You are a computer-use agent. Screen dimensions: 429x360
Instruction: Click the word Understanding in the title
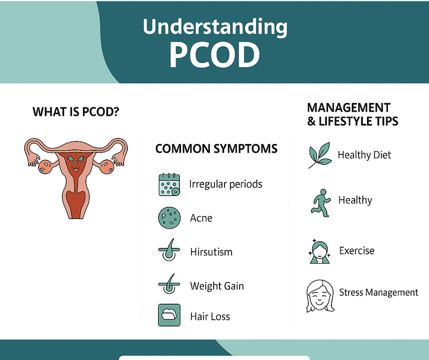click(215, 27)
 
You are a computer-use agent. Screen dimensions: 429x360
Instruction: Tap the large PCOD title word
click(214, 55)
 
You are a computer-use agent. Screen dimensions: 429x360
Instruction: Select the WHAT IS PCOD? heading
click(76, 112)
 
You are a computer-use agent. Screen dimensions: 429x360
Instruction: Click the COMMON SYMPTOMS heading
click(216, 149)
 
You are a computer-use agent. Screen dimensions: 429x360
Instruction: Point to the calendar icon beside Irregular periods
click(169, 185)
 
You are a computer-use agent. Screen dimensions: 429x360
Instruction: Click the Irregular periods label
click(226, 184)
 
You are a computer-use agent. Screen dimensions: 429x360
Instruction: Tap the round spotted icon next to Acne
click(169, 218)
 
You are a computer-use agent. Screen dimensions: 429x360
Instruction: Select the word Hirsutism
click(211, 252)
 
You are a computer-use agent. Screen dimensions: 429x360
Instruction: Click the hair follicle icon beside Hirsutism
click(169, 249)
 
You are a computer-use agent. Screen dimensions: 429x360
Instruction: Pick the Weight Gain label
click(217, 286)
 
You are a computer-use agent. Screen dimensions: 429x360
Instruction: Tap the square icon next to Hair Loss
click(169, 315)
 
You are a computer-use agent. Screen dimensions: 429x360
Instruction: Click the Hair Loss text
click(210, 317)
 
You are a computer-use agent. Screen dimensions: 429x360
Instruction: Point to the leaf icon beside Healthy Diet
click(319, 155)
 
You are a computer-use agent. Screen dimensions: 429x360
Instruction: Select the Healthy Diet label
click(365, 155)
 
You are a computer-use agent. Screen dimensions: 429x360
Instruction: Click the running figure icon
click(321, 203)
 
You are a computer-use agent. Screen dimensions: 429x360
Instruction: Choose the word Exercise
click(357, 251)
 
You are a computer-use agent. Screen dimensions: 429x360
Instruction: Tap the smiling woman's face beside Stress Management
click(320, 296)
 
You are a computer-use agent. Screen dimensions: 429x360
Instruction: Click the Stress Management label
click(379, 292)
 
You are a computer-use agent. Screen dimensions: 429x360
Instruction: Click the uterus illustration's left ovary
click(46, 167)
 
